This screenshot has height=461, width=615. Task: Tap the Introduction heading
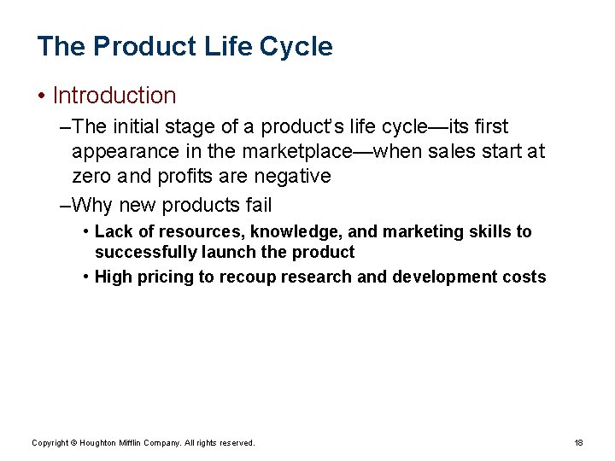tap(114, 96)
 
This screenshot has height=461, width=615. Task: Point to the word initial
tap(138, 127)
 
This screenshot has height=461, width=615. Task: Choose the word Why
tap(94, 205)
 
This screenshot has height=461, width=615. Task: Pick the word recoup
tap(256, 277)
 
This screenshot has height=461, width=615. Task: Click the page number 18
tap(578, 442)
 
